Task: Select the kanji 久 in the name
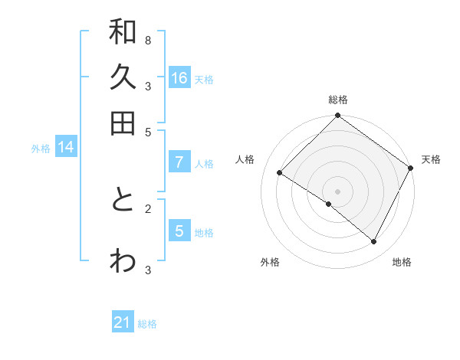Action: [123, 78]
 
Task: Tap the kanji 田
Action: [123, 123]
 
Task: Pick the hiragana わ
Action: [123, 260]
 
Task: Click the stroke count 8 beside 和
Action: [147, 40]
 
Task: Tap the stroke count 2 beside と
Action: [147, 208]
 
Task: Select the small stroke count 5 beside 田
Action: [147, 131]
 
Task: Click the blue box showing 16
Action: [179, 78]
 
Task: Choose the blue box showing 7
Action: [179, 162]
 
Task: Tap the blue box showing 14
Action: [66, 147]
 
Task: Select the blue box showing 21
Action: [123, 322]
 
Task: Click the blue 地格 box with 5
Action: [179, 231]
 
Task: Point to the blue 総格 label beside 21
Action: [148, 324]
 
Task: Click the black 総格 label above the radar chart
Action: [338, 100]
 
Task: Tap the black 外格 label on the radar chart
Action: [270, 262]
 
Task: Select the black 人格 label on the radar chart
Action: [245, 159]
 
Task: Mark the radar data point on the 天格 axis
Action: [410, 168]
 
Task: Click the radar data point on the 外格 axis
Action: [329, 205]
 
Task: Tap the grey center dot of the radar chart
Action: [338, 191]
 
